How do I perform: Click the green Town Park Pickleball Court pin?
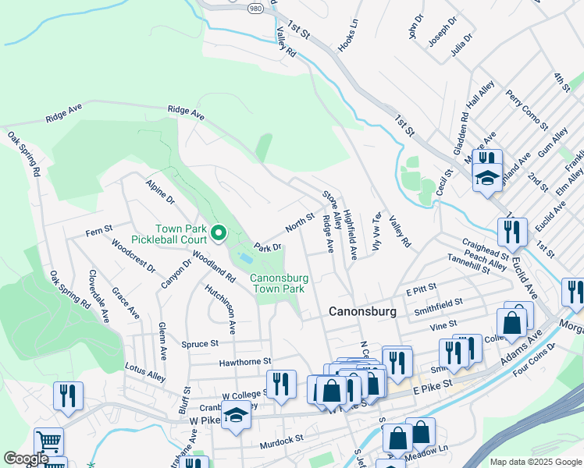pyautogui.click(x=219, y=232)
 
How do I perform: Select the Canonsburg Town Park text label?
pyautogui.click(x=276, y=282)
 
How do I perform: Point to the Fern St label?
pyautogui.click(x=99, y=232)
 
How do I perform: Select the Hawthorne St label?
pyautogui.click(x=244, y=362)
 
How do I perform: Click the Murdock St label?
pyautogui.click(x=281, y=440)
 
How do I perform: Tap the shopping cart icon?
pyautogui.click(x=48, y=441)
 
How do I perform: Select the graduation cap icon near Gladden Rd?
pyautogui.click(x=486, y=177)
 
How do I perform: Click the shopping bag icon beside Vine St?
pyautogui.click(x=511, y=322)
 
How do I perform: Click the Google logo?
pyautogui.click(x=26, y=459)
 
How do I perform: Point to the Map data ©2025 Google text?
pyautogui.click(x=535, y=462)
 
